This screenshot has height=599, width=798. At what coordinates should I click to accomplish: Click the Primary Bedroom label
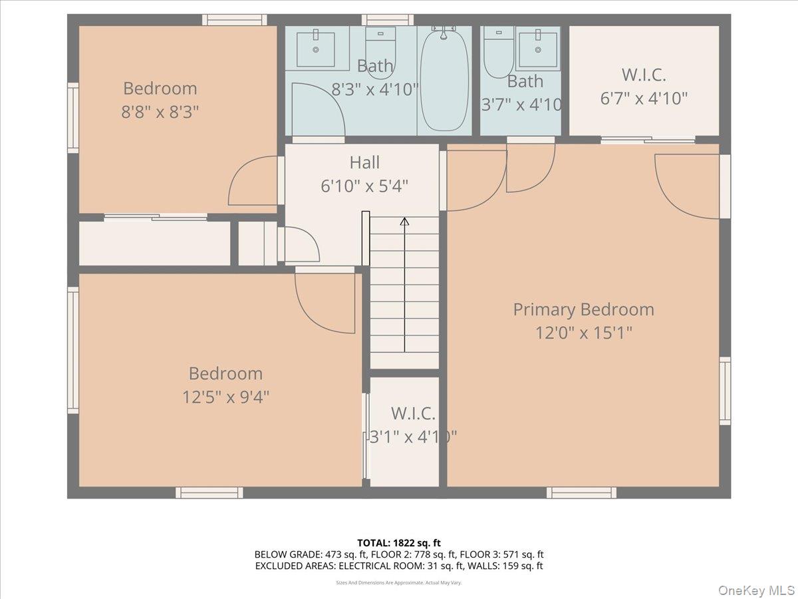[x=583, y=309]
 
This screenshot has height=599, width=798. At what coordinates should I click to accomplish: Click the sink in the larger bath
[x=315, y=48]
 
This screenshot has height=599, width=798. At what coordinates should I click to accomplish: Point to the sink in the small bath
[x=537, y=48]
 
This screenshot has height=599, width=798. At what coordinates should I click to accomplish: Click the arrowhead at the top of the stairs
[x=404, y=221]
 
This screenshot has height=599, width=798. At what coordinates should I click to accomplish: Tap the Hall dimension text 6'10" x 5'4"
[x=364, y=186]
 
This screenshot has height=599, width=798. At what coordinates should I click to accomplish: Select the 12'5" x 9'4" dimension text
[x=225, y=397]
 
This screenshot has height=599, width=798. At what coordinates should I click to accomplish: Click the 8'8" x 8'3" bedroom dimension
[x=160, y=111]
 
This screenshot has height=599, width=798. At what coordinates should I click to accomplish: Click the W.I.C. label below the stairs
[x=413, y=413]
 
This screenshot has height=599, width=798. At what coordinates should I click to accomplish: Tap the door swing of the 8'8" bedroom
[x=254, y=183]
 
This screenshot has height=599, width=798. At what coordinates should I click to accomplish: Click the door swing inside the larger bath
[x=317, y=110]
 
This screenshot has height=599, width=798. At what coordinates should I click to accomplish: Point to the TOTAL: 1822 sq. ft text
[x=399, y=543]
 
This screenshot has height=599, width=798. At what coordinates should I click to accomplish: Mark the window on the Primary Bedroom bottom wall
[x=581, y=493]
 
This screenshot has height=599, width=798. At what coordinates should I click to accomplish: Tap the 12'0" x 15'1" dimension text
[x=583, y=332]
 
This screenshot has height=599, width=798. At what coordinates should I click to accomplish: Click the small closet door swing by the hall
[x=301, y=244]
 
